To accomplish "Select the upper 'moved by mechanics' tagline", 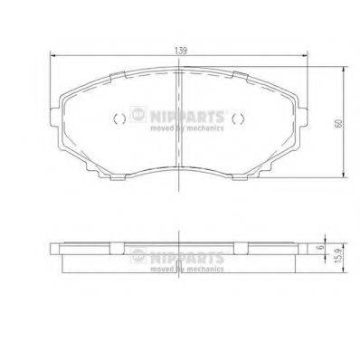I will (178, 128).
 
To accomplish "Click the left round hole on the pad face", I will (117, 119).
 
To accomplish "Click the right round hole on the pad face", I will (238, 119).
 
